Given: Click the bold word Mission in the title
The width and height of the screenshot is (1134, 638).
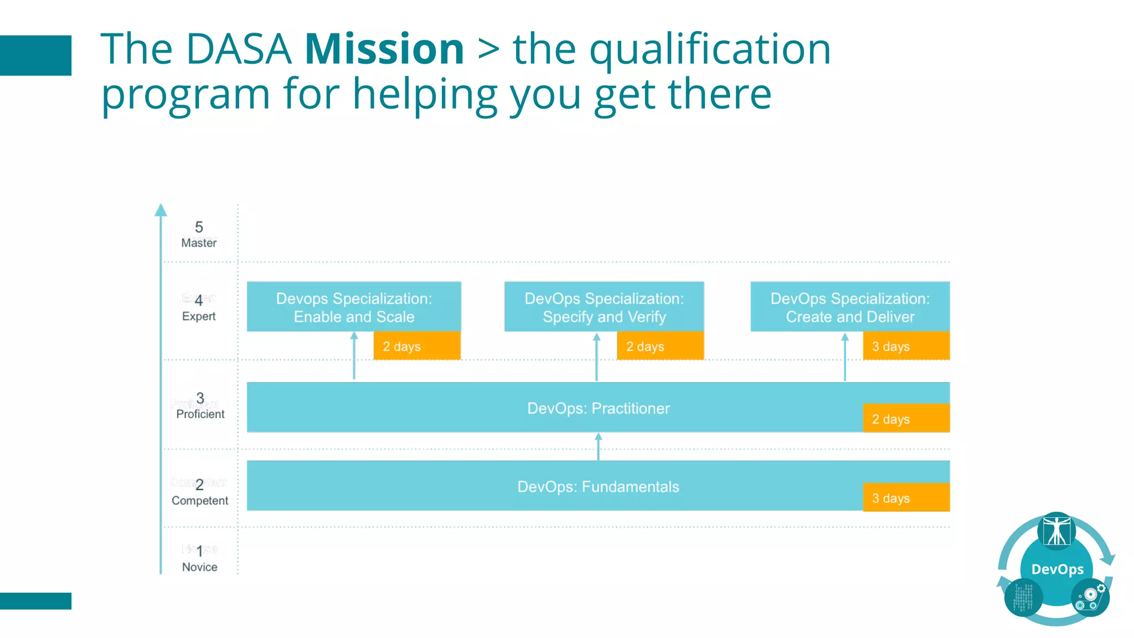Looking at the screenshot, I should (x=384, y=49).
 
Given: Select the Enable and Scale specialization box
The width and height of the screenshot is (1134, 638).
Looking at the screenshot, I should (x=354, y=307).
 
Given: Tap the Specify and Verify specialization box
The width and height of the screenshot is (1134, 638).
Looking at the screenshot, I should (x=604, y=307).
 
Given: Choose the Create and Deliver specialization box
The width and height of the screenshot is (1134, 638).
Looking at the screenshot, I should (x=850, y=307).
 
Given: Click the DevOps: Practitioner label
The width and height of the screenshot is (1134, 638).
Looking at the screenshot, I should (x=598, y=409).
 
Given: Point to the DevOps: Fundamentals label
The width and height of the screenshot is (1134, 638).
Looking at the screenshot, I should (x=598, y=487).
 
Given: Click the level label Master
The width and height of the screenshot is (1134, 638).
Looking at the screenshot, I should (x=199, y=243).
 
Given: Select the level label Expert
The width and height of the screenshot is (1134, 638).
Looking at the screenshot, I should (x=199, y=316).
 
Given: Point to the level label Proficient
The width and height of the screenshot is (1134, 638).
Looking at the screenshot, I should (x=200, y=414).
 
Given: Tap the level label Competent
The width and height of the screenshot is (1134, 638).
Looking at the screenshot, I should (x=199, y=501).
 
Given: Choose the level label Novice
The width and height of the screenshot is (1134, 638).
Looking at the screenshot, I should (x=199, y=567).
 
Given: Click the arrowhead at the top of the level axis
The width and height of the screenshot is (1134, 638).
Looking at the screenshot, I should (x=161, y=210).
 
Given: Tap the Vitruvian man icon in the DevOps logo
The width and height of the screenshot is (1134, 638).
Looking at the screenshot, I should (x=1056, y=531).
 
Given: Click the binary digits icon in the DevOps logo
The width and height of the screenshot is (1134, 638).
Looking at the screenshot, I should (x=1023, y=597).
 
